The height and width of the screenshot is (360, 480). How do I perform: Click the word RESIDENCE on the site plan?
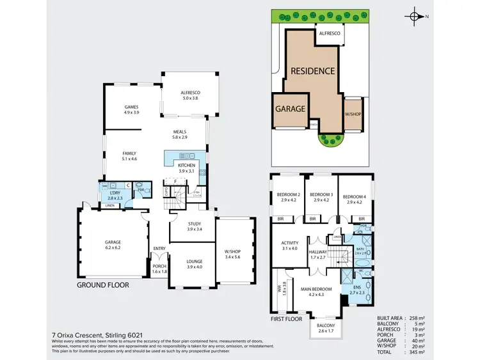(313, 70)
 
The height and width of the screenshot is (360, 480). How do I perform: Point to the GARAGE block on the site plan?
(290, 109)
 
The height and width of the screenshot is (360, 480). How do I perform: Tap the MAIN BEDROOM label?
(316, 292)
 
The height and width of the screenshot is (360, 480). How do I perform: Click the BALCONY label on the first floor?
(326, 327)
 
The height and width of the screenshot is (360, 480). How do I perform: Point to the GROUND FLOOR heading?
(103, 285)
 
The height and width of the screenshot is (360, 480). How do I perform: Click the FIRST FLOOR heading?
(286, 318)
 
